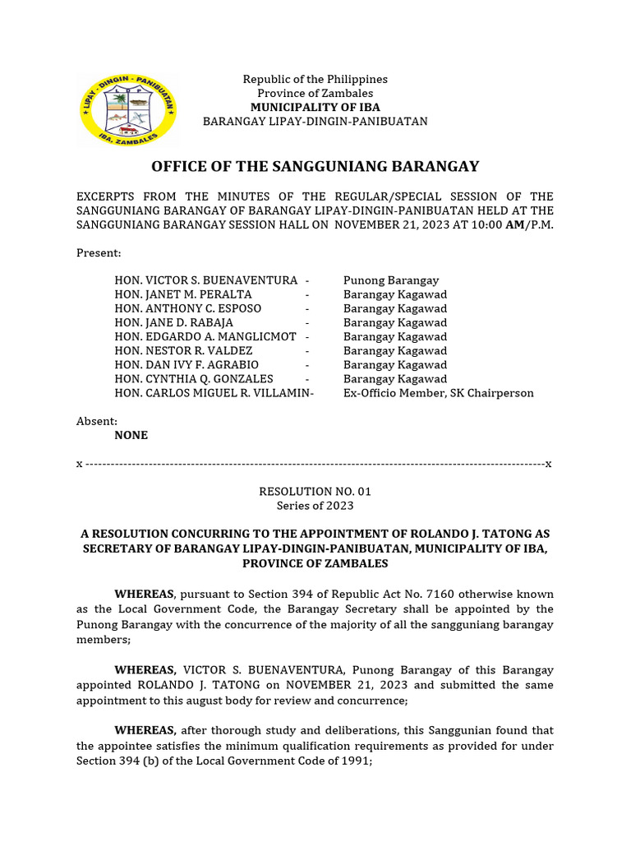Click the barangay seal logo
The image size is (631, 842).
[127, 109]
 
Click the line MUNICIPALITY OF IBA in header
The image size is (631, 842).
[315, 108]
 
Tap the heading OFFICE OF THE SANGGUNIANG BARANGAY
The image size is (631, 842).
[315, 167]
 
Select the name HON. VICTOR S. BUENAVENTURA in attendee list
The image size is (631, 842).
[205, 280]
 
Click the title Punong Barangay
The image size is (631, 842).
[391, 280]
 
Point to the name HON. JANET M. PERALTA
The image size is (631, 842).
[183, 294]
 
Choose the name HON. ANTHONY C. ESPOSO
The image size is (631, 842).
[187, 308]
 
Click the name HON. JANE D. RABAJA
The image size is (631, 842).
[173, 323]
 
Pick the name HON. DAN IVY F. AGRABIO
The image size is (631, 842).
[187, 365]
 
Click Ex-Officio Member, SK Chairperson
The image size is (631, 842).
[438, 393]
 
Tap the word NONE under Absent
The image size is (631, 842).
[131, 436]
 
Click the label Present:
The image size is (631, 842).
[99, 253]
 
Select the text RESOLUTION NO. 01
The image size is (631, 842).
[315, 492]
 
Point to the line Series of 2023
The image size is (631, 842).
[315, 506]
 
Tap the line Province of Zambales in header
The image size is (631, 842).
[315, 94]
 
